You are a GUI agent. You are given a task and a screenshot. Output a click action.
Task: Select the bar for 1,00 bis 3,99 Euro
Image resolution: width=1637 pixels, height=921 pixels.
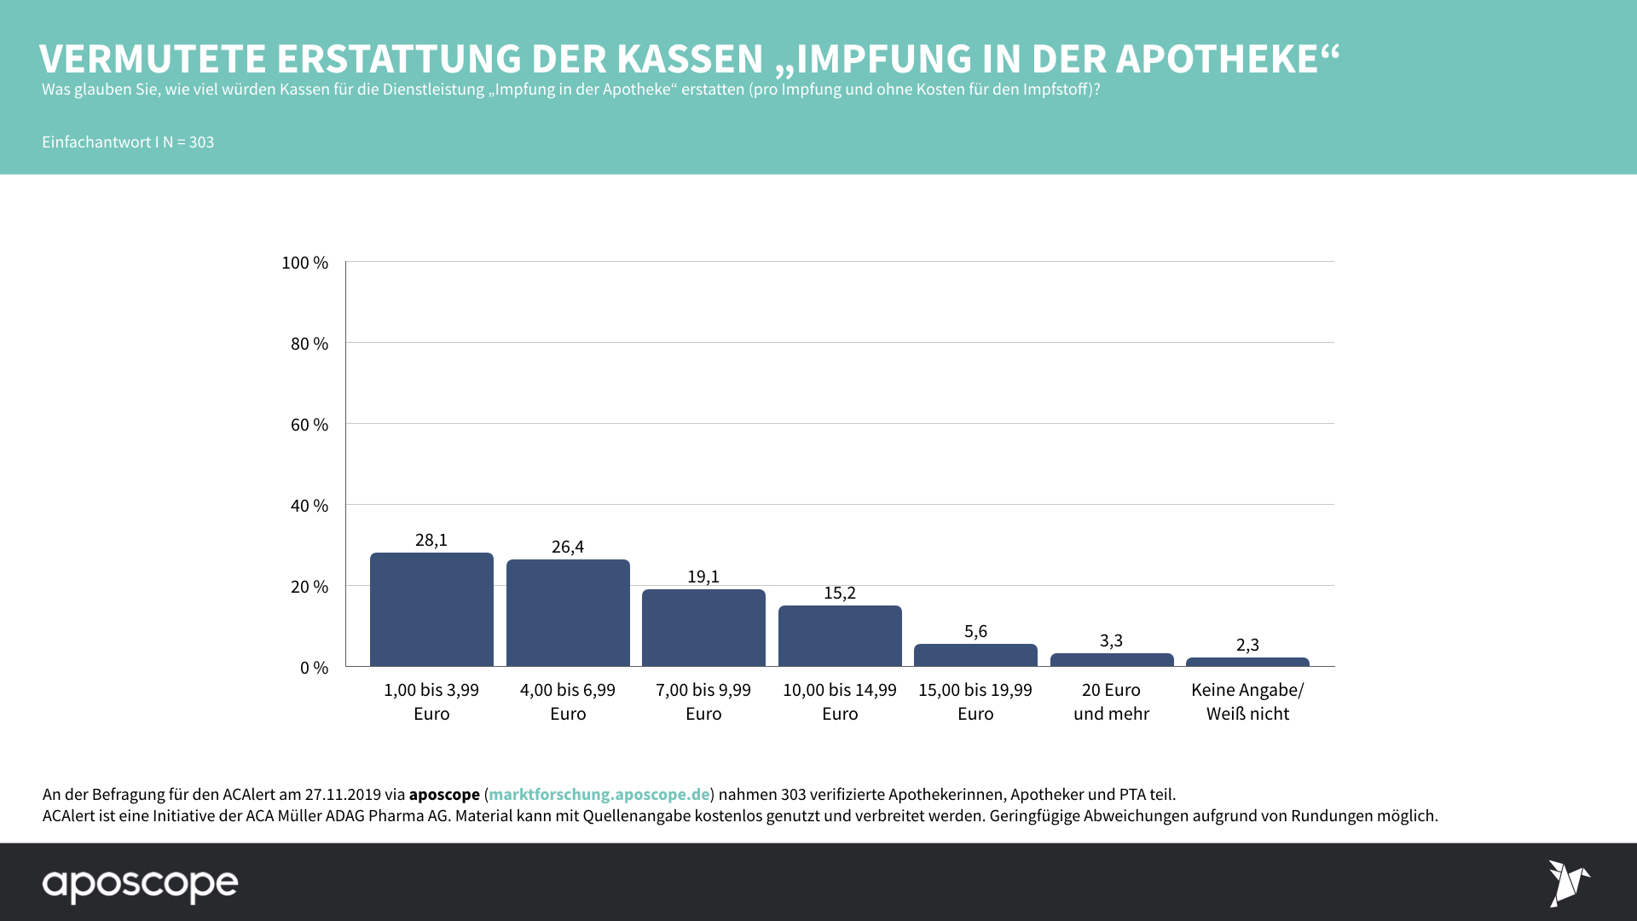[x=431, y=610]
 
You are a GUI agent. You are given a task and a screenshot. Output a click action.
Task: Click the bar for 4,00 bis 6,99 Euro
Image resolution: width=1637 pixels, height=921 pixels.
[x=568, y=613]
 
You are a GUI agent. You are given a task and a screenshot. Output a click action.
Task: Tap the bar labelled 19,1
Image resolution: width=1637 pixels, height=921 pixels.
[x=703, y=628]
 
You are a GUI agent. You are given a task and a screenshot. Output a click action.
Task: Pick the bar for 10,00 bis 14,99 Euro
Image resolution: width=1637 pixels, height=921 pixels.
[x=840, y=636]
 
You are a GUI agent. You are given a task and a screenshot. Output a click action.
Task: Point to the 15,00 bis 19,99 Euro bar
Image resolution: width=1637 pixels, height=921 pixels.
[x=975, y=655]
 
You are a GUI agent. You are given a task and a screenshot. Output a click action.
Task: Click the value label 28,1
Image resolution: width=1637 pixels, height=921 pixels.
[x=431, y=540]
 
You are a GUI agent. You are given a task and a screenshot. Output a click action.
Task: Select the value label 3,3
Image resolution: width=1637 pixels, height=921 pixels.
[x=1111, y=640]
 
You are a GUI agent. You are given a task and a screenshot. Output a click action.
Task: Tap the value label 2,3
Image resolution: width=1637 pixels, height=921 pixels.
[x=1247, y=645]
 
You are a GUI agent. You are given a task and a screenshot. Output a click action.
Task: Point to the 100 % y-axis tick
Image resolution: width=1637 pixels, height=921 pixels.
[x=304, y=263]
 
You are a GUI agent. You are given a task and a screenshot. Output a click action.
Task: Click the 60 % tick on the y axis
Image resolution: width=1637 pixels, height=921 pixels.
[x=309, y=425]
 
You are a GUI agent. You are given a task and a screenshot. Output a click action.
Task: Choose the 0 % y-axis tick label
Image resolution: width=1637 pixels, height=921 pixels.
[x=314, y=668]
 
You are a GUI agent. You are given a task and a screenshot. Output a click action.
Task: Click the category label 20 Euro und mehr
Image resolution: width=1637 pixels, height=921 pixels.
[x=1111, y=702]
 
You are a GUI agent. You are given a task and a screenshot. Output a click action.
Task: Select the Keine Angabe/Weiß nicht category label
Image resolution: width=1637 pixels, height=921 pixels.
[x=1247, y=702]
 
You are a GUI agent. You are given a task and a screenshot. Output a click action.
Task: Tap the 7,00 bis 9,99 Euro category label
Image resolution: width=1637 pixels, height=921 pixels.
[x=703, y=702]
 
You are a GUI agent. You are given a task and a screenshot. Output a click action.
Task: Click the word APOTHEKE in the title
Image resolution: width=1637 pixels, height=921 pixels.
[x=1217, y=59]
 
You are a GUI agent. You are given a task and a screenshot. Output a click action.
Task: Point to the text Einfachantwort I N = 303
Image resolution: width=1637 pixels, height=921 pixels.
[x=128, y=142]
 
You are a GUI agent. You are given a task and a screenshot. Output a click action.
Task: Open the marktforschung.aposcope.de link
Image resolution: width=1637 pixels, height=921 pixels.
[x=599, y=794]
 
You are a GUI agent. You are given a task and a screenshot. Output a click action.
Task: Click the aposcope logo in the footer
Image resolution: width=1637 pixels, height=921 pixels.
[x=141, y=885]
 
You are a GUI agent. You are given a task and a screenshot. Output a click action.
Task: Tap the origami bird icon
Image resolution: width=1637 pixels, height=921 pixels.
[x=1568, y=883]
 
